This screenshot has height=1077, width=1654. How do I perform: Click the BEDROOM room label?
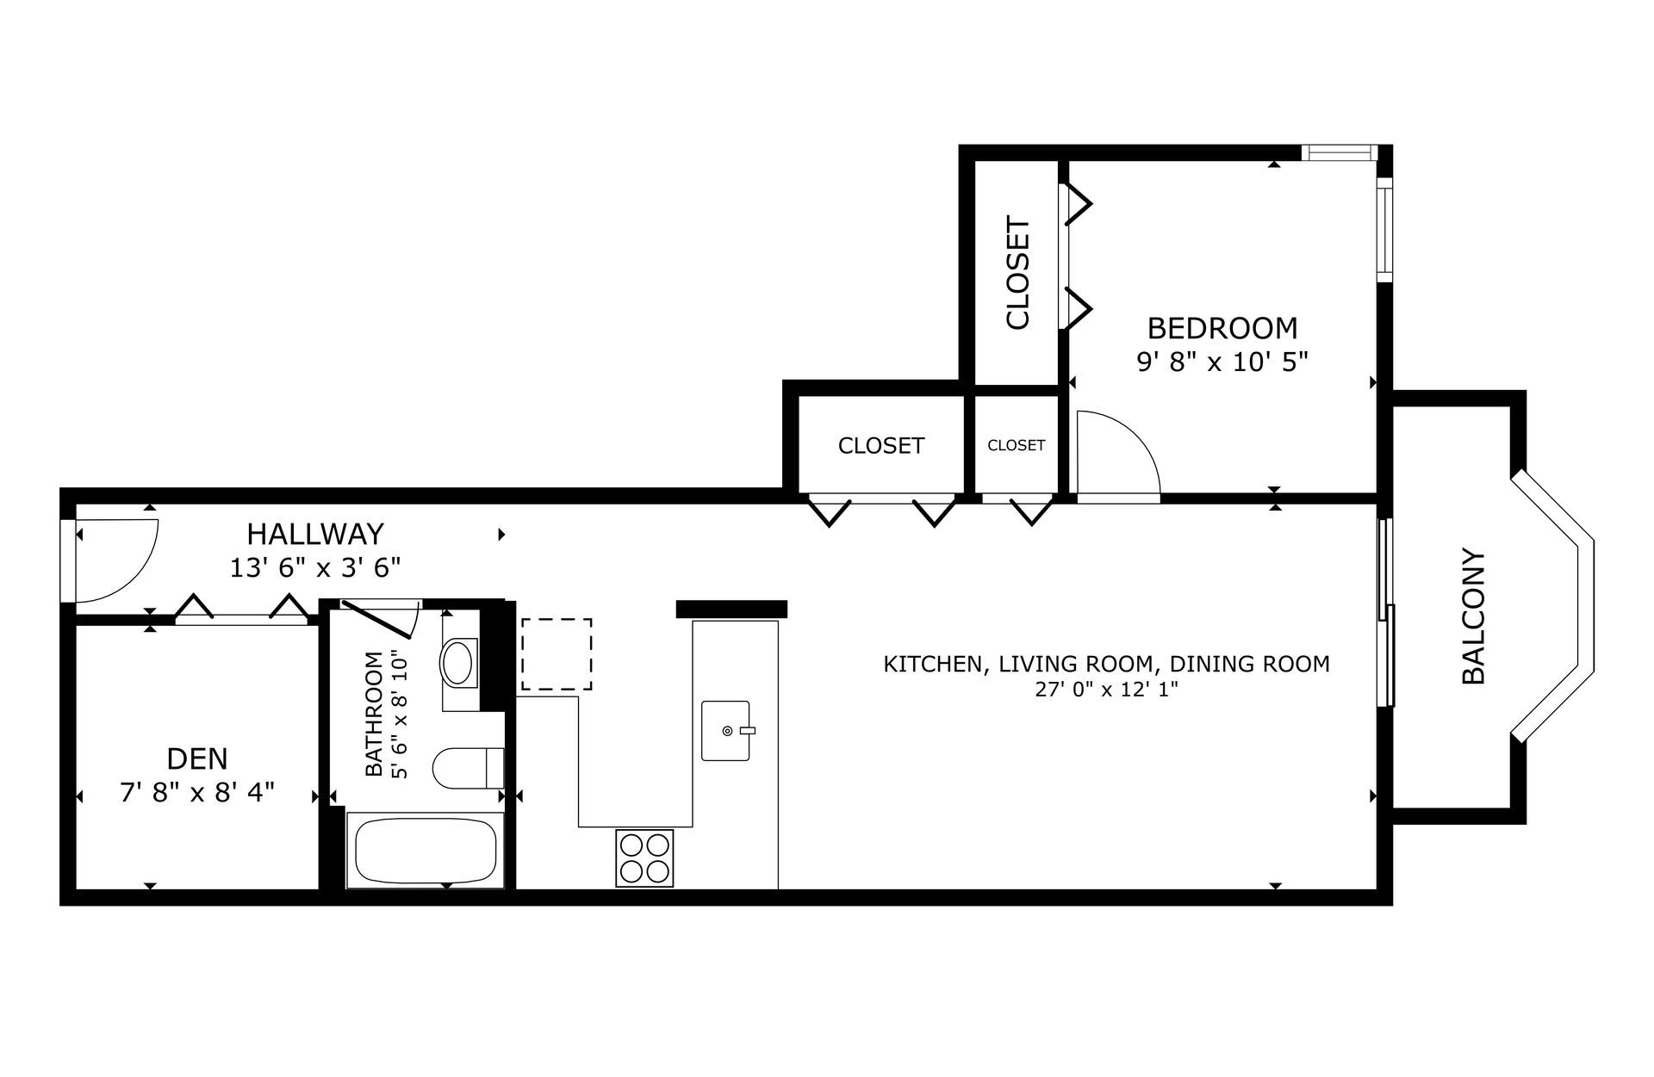click(1222, 328)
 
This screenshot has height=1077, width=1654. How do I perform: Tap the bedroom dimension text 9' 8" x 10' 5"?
click(1222, 362)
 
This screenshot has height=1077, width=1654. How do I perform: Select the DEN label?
click(197, 758)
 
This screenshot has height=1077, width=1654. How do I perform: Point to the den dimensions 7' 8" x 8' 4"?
click(197, 792)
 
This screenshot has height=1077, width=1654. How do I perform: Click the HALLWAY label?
click(315, 535)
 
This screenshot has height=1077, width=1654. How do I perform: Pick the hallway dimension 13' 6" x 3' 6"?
click(315, 568)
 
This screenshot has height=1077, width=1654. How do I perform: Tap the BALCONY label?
click(1474, 616)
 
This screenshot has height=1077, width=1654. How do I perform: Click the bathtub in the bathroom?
click(426, 851)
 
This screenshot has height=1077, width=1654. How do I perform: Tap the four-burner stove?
click(644, 857)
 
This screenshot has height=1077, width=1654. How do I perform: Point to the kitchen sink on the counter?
click(727, 731)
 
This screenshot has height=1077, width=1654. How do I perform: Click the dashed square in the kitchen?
click(557, 654)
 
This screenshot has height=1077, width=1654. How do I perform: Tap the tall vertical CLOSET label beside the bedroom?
click(1017, 274)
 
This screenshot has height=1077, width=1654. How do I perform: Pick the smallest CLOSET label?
click(1017, 445)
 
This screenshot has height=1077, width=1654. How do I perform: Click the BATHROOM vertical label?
click(374, 714)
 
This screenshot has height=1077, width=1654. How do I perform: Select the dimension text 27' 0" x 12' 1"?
click(1107, 690)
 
